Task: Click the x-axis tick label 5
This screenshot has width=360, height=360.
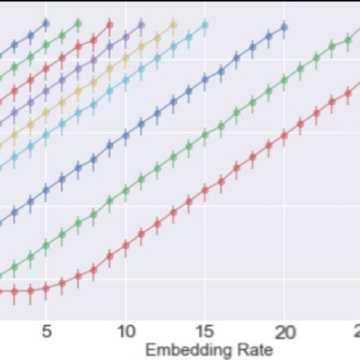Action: point(46,331)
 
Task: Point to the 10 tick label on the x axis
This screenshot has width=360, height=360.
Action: point(125,331)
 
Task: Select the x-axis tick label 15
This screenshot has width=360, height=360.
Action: point(204,331)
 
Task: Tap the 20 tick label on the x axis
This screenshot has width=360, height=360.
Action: point(284,331)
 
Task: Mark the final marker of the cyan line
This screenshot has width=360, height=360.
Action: point(204,25)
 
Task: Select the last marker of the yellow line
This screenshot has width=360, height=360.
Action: point(173,25)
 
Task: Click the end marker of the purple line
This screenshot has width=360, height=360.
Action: point(141,25)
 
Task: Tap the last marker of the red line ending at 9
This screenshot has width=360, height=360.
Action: point(109,25)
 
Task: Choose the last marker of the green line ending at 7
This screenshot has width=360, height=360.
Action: point(77,24)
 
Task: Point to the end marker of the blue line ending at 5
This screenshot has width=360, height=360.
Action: point(46,24)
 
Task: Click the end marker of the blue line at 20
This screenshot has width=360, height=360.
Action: point(284,27)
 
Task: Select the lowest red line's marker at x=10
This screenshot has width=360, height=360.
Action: point(125,244)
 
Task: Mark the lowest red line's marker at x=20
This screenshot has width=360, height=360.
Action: point(284,135)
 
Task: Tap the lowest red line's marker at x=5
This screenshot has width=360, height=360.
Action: point(46,288)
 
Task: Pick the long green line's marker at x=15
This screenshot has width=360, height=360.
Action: point(204,134)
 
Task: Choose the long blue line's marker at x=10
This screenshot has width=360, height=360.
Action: point(125,134)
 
